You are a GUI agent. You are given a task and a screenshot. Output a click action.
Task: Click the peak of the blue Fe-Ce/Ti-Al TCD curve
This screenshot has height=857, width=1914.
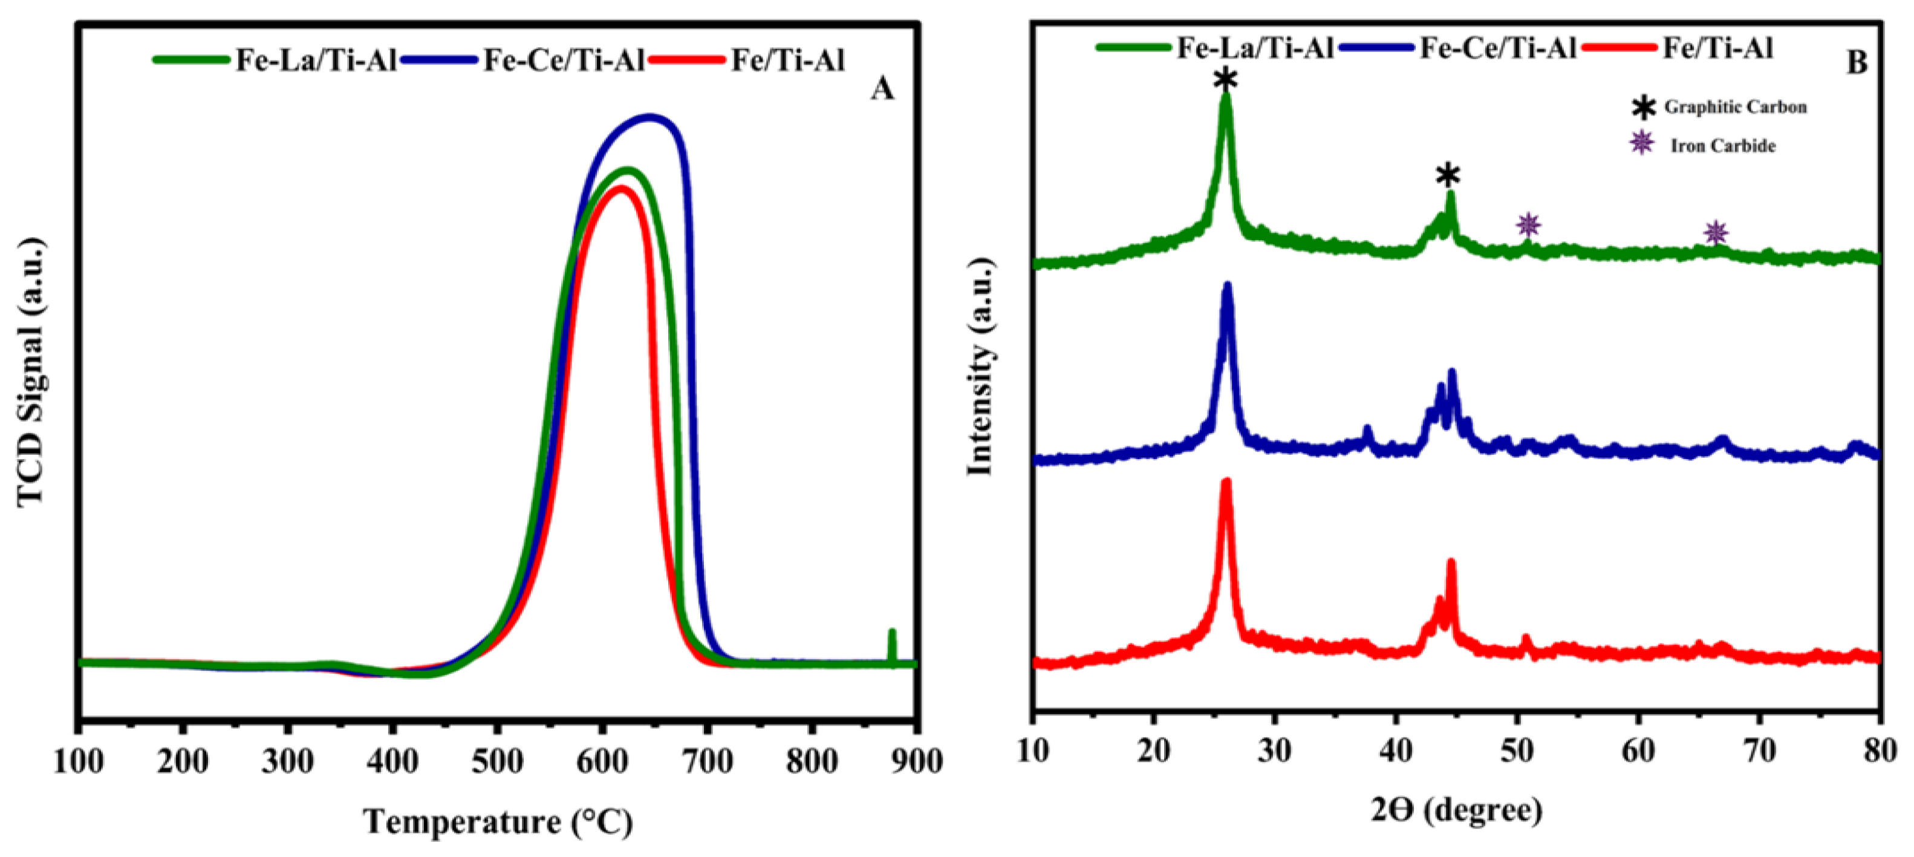tap(649, 117)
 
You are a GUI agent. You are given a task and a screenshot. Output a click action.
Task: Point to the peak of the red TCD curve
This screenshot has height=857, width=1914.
tap(620, 188)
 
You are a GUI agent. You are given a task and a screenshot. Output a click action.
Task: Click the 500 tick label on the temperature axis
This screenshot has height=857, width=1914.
tap(497, 761)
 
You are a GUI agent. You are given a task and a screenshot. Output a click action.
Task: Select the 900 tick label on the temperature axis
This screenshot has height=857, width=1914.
tap(916, 761)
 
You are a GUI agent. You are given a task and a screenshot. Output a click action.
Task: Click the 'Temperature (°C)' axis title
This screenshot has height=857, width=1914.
tap(497, 822)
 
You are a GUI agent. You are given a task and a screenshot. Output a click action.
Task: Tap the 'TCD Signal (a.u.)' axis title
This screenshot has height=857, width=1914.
tap(31, 371)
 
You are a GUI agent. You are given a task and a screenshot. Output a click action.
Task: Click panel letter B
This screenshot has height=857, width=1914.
tap(1856, 62)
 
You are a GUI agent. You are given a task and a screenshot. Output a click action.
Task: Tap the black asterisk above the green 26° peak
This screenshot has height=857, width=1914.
tap(1225, 79)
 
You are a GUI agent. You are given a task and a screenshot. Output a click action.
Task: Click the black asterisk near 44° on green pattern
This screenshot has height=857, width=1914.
tap(1447, 176)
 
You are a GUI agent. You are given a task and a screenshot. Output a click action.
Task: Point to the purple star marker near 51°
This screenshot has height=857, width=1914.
tap(1528, 224)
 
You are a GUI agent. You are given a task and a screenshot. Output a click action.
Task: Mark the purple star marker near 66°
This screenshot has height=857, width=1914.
tap(1715, 233)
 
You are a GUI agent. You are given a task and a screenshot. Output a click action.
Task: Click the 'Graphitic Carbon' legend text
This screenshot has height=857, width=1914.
tap(1735, 107)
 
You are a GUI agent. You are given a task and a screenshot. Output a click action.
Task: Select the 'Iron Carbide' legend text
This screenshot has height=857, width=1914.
tap(1723, 146)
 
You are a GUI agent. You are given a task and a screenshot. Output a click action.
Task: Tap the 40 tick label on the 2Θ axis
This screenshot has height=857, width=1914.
tap(1395, 751)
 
